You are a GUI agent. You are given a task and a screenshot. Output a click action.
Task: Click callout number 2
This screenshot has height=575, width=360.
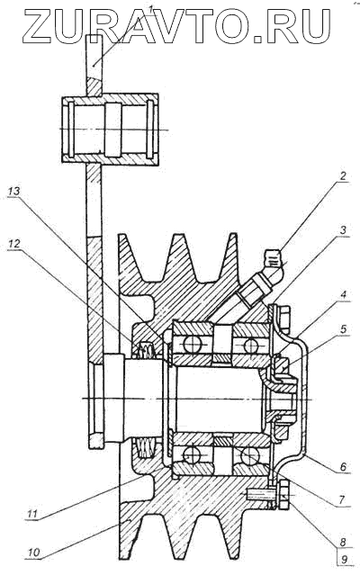(342, 175)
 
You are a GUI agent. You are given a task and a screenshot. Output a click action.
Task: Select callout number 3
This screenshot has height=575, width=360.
(343, 230)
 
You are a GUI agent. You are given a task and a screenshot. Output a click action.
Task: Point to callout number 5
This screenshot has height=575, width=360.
(343, 329)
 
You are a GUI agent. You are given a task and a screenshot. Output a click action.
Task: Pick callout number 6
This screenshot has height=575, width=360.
(343, 466)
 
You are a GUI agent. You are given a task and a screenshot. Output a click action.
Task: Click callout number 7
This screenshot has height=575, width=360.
(341, 499)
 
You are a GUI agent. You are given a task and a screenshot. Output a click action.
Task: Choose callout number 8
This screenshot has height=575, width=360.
(343, 542)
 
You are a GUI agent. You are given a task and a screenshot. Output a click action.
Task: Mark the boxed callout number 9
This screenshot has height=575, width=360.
(343, 560)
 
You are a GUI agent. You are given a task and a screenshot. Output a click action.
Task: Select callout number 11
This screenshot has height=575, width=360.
(32, 514)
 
